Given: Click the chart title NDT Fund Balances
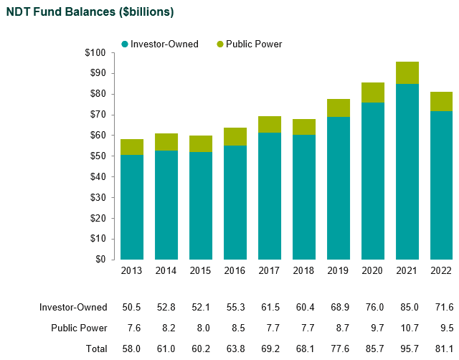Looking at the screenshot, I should (90, 12).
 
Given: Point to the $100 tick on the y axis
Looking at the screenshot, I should (95, 53).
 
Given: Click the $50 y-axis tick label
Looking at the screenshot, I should (98, 156).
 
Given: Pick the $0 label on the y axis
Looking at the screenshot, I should (100, 260).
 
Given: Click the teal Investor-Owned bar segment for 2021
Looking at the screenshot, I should (407, 172).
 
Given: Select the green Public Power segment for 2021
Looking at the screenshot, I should (407, 73).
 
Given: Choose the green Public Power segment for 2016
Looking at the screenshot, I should (235, 137).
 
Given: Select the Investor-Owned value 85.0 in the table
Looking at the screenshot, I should (407, 307).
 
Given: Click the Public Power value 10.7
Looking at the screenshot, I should (407, 328).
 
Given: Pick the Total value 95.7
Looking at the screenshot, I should (407, 349).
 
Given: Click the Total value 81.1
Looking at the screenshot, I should (442, 349).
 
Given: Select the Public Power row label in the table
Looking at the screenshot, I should (79, 328).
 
